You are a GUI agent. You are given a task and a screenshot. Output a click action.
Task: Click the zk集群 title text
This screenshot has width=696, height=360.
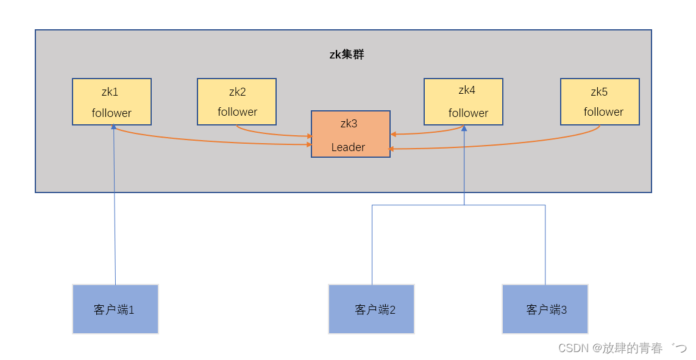tap(347, 55)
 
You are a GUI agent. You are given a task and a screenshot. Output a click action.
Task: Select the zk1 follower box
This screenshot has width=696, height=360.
tap(112, 101)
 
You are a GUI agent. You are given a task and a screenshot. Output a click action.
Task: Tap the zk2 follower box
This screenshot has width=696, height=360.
tap(236, 101)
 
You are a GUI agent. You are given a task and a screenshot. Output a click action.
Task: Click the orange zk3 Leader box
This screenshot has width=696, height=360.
tap(350, 134)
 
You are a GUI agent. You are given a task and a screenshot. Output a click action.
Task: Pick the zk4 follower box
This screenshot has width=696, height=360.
tap(463, 101)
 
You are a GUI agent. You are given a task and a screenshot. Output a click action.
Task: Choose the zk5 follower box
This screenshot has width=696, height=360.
tap(600, 101)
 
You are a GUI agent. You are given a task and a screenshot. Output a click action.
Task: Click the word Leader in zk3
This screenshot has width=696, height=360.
tap(348, 147)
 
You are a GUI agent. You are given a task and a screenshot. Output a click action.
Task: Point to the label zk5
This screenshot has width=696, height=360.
tap(599, 93)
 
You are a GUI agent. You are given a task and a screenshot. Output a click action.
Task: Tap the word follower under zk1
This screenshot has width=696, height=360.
tap(112, 113)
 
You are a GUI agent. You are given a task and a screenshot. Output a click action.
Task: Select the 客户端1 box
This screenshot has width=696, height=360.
tap(115, 309)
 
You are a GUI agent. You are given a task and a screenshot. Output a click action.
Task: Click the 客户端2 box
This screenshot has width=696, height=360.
tap(371, 309)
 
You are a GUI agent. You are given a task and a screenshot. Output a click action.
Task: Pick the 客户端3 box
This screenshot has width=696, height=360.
tap(545, 309)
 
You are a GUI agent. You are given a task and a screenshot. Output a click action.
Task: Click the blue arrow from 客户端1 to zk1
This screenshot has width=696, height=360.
tap(115, 213)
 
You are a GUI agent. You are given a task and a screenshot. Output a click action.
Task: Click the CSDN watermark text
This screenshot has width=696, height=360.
tap(622, 348)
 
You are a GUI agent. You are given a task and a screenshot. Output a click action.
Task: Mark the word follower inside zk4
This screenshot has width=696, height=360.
tap(468, 113)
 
